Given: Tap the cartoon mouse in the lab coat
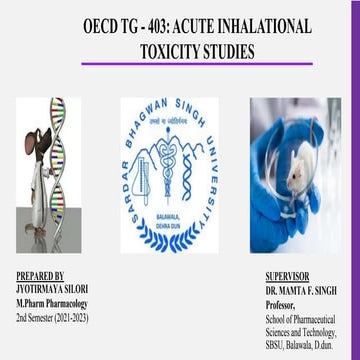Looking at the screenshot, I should (27, 175).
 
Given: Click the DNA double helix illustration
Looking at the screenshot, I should (58, 150).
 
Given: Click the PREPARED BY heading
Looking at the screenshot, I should (41, 275).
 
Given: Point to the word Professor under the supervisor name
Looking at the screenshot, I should (282, 299).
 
